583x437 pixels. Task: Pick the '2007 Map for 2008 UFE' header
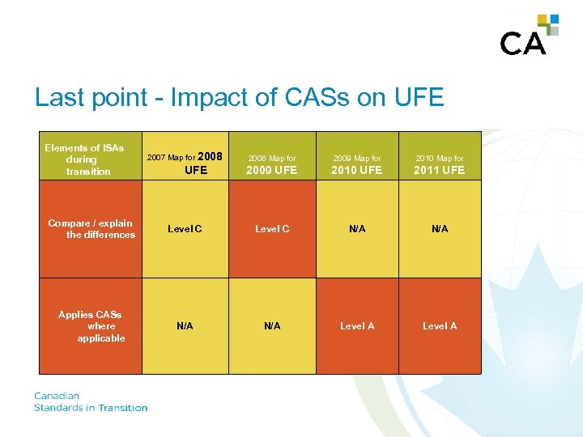(x=185, y=162)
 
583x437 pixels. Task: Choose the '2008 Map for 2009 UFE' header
(x=272, y=164)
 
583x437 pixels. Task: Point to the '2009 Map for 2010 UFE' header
(x=357, y=164)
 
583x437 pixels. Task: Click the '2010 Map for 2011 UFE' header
(x=440, y=164)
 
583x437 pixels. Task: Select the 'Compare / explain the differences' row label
(x=91, y=229)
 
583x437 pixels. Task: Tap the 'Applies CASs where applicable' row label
(x=91, y=326)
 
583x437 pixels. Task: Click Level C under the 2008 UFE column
(x=185, y=229)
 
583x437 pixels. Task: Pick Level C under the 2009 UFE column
(x=272, y=229)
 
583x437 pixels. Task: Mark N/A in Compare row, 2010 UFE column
(x=357, y=229)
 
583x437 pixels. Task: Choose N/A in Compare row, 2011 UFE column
(x=440, y=229)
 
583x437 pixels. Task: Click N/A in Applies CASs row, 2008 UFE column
(x=185, y=326)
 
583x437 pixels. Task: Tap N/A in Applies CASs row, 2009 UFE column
(x=272, y=326)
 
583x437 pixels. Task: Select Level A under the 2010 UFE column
(x=357, y=326)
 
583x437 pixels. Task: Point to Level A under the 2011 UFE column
(x=440, y=326)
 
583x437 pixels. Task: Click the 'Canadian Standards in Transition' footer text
(x=91, y=402)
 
